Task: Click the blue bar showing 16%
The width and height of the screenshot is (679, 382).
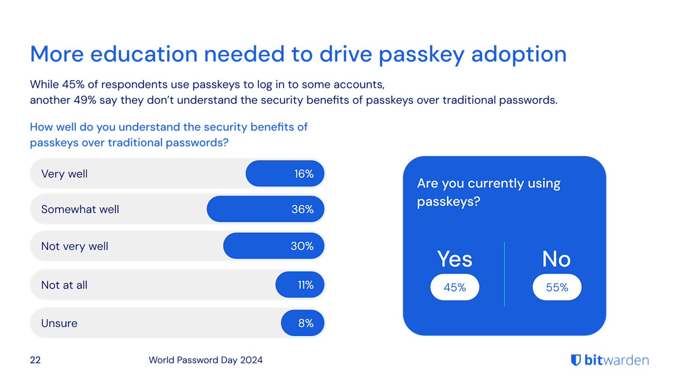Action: tap(285, 174)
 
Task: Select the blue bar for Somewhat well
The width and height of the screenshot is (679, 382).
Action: tap(265, 209)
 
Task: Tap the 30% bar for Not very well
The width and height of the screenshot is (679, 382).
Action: tap(274, 246)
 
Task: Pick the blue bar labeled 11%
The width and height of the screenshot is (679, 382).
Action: tap(300, 285)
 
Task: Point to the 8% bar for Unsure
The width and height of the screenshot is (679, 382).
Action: tap(303, 323)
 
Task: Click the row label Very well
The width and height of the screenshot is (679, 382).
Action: tap(65, 174)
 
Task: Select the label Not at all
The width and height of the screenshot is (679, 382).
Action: tap(65, 285)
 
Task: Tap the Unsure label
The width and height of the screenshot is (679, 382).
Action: tap(59, 323)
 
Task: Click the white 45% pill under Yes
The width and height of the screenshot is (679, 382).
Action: tap(454, 287)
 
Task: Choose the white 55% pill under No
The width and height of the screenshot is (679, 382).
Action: tap(557, 287)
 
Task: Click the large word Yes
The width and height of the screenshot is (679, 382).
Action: tap(454, 259)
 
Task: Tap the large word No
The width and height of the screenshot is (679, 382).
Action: tap(556, 259)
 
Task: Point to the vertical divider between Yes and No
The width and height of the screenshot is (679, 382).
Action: tap(504, 274)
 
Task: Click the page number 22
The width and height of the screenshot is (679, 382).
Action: tap(35, 360)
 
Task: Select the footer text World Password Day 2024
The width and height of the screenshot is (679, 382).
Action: tap(206, 360)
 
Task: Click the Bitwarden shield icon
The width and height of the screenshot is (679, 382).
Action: tap(576, 360)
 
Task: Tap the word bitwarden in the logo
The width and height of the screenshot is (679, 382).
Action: tap(616, 360)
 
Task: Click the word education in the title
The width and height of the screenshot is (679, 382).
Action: tap(144, 54)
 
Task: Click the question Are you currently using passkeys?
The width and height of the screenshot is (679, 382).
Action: tap(488, 192)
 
